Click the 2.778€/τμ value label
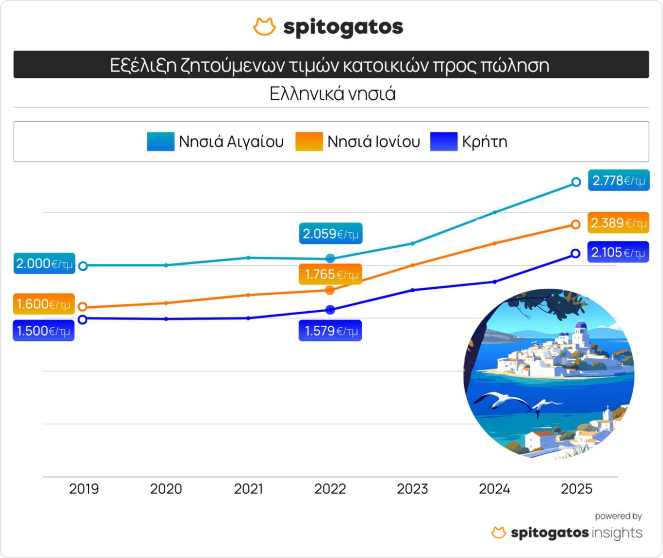(618, 181)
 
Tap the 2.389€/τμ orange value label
(618, 223)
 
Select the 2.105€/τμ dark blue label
(618, 252)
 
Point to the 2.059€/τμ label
(331, 234)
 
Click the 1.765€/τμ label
(331, 275)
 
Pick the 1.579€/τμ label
(331, 331)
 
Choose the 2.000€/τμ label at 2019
(44, 263)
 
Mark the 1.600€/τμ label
(44, 304)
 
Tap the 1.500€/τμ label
(43, 331)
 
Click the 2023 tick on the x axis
(412, 488)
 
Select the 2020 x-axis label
(166, 488)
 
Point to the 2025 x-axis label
(576, 488)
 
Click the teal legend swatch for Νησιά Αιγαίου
(160, 142)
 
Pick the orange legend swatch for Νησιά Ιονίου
(309, 142)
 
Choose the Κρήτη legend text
(485, 142)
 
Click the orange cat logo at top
(264, 27)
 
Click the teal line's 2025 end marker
(576, 182)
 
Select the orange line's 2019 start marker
(83, 307)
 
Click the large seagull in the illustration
(502, 400)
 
